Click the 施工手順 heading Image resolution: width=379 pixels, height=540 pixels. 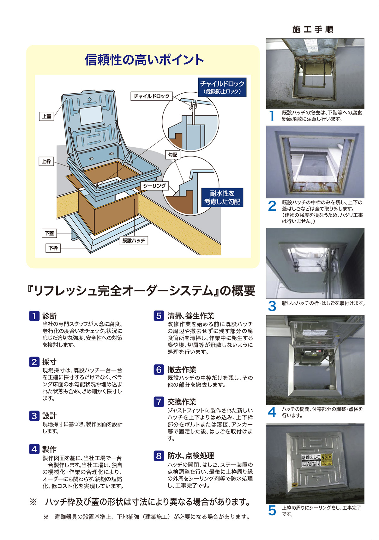click(x=313, y=30)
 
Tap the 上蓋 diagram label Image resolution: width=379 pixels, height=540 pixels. click(x=47, y=116)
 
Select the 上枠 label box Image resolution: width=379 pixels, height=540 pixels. click(x=46, y=161)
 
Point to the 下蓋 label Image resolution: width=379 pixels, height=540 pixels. click(x=49, y=233)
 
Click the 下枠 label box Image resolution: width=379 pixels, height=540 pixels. click(x=53, y=248)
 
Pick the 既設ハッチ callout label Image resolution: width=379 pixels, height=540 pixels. click(x=134, y=241)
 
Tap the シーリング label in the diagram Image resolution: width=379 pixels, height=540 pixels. click(x=154, y=186)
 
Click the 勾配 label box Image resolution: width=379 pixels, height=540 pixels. click(x=173, y=155)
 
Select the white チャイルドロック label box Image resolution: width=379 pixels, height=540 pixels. click(x=152, y=96)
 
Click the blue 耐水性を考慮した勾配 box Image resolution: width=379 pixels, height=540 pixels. click(x=222, y=197)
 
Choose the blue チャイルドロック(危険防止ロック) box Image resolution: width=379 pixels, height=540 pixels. click(x=222, y=87)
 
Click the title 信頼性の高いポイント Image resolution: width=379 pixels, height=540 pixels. click(x=144, y=60)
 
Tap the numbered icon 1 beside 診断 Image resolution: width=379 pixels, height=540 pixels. click(x=34, y=316)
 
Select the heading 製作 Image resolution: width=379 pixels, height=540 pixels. click(x=50, y=449)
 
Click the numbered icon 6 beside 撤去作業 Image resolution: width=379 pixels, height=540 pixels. click(x=159, y=369)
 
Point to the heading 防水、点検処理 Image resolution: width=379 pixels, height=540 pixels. click(x=191, y=456)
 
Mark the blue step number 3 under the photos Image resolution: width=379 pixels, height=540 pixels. click(x=272, y=306)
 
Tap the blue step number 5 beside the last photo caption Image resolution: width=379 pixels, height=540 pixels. click(x=272, y=511)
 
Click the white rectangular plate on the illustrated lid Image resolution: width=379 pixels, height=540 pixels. click(x=91, y=116)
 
